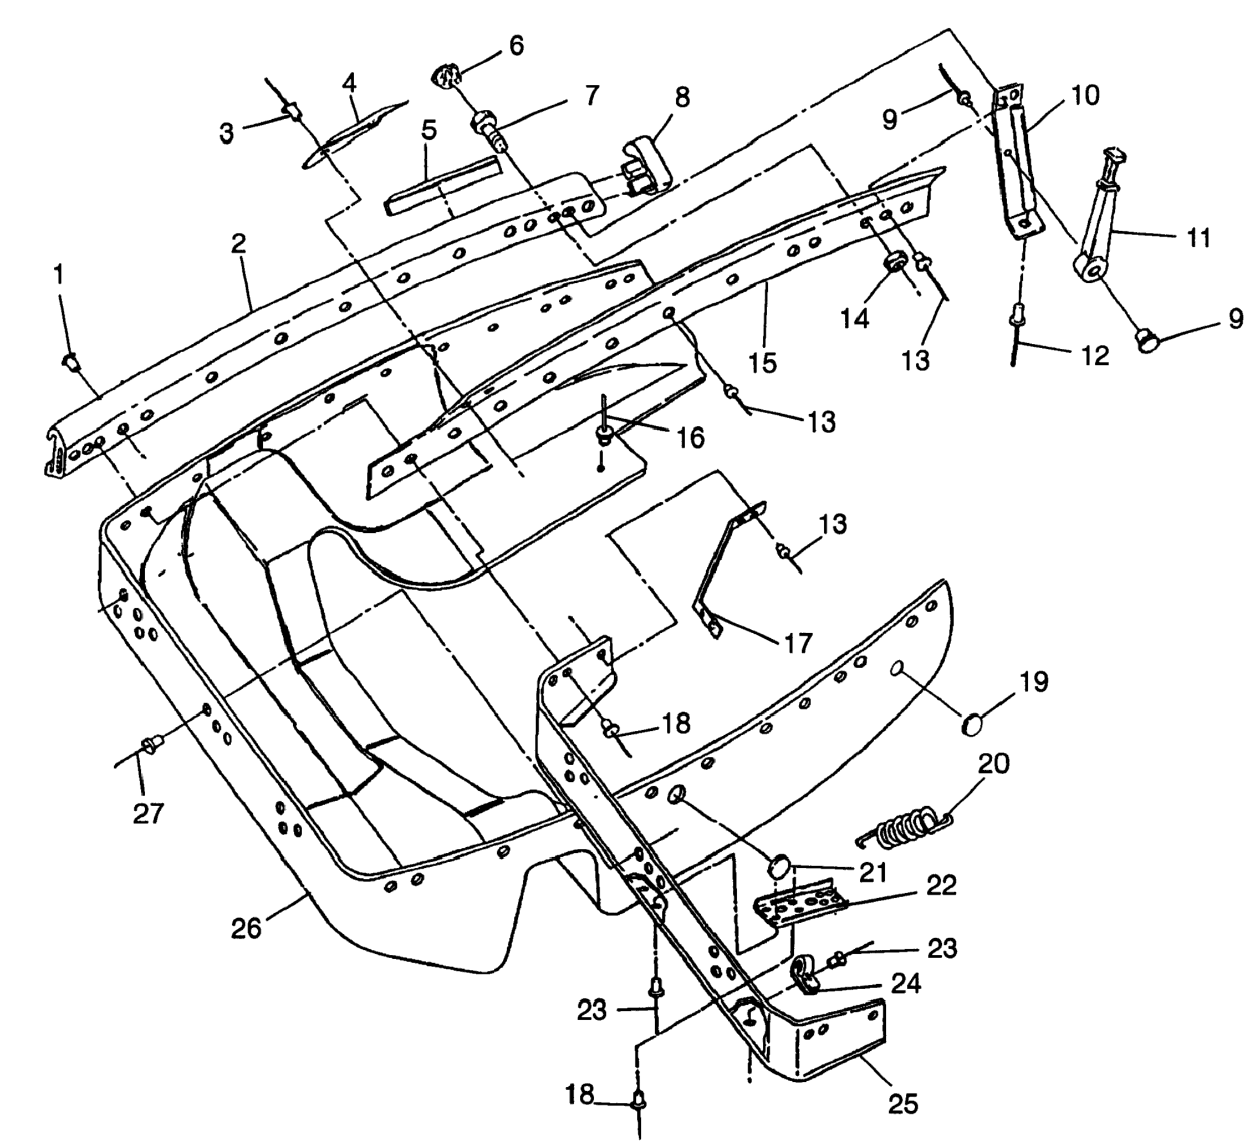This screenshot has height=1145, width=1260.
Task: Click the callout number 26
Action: point(246,928)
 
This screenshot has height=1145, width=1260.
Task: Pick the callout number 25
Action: point(902,1105)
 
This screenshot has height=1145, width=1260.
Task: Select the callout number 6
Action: point(517,45)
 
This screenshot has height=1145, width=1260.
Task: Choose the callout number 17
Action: point(798,643)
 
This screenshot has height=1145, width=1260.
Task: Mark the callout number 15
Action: point(763,362)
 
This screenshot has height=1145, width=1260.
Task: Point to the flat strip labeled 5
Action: point(443,187)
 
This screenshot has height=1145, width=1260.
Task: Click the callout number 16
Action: point(690,437)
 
